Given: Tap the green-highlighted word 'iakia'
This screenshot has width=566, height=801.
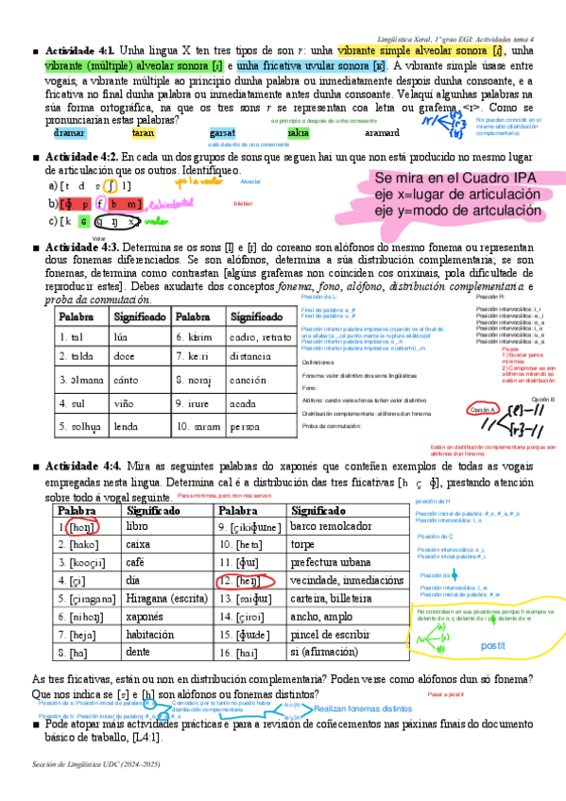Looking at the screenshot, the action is (x=299, y=134).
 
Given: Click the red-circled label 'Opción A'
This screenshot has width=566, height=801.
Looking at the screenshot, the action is (x=482, y=409).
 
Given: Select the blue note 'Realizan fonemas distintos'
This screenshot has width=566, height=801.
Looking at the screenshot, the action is (x=363, y=707).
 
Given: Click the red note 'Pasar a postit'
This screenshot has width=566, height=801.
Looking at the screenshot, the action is (x=446, y=694).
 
